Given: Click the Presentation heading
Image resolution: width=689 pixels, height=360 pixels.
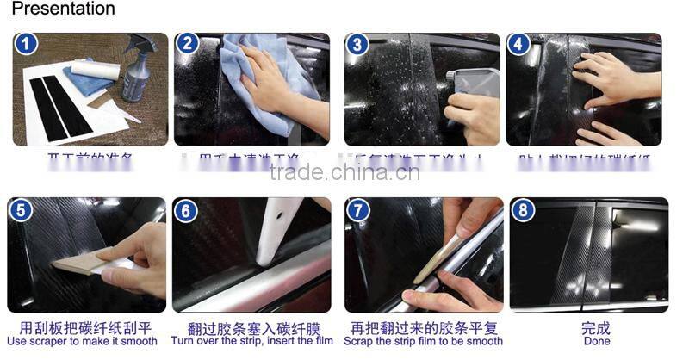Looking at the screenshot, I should point(63,9).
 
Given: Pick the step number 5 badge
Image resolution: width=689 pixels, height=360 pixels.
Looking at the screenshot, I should point(22,210).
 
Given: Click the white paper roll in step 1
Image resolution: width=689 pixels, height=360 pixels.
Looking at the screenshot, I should point(94,70).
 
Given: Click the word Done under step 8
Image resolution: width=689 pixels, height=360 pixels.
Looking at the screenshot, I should point(595,341).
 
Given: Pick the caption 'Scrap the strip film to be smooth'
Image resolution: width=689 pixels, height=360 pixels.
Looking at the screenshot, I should point(423,341).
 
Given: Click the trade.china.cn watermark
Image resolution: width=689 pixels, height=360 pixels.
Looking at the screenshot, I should point(344,171).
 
